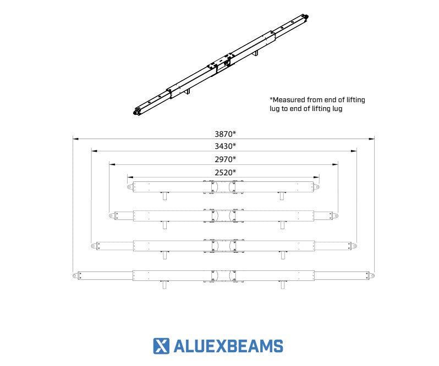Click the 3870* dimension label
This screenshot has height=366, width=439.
pos(225,133)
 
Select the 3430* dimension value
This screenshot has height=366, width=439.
pos(225,146)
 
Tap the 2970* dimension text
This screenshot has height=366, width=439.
pos(225,159)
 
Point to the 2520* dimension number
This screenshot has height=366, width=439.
pos(225,172)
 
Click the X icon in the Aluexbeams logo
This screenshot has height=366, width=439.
pos(161,346)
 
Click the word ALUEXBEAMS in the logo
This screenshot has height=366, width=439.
pos(228,346)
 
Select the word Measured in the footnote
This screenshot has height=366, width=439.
pos(290,100)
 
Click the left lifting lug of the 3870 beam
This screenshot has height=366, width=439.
pos(75,275)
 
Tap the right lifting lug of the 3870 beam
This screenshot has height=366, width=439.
pos(372,275)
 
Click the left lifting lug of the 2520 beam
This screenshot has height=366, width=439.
pos(130,187)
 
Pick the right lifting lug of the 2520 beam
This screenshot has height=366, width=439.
pos(317,187)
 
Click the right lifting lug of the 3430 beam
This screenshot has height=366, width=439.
pos(354,245)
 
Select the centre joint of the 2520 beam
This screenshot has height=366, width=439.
pos(224,187)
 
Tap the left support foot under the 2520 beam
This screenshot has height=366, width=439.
pos(164,196)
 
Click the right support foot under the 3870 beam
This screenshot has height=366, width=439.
pos(283,284)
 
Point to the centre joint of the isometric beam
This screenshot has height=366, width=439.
pos(220,66)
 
